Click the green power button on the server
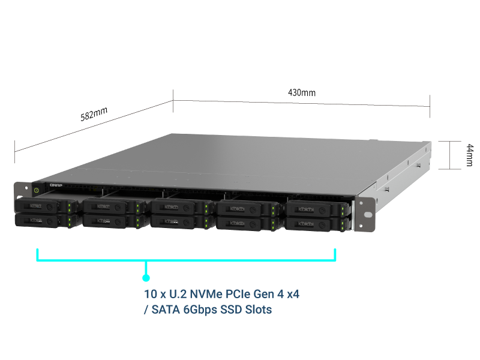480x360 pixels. [37, 190]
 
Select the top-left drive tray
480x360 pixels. [42, 206]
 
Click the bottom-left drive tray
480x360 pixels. [42, 221]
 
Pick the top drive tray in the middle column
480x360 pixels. [176, 208]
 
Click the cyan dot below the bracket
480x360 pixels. [146, 278]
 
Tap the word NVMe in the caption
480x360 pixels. [210, 295]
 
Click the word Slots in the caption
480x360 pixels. [259, 310]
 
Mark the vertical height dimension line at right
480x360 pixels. [449, 155]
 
